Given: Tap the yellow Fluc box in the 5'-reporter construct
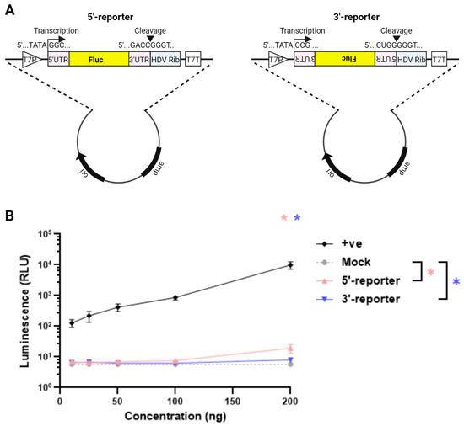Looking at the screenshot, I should (97, 60).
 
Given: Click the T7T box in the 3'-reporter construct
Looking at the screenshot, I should (438, 60).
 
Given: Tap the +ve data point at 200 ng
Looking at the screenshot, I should (290, 264).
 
